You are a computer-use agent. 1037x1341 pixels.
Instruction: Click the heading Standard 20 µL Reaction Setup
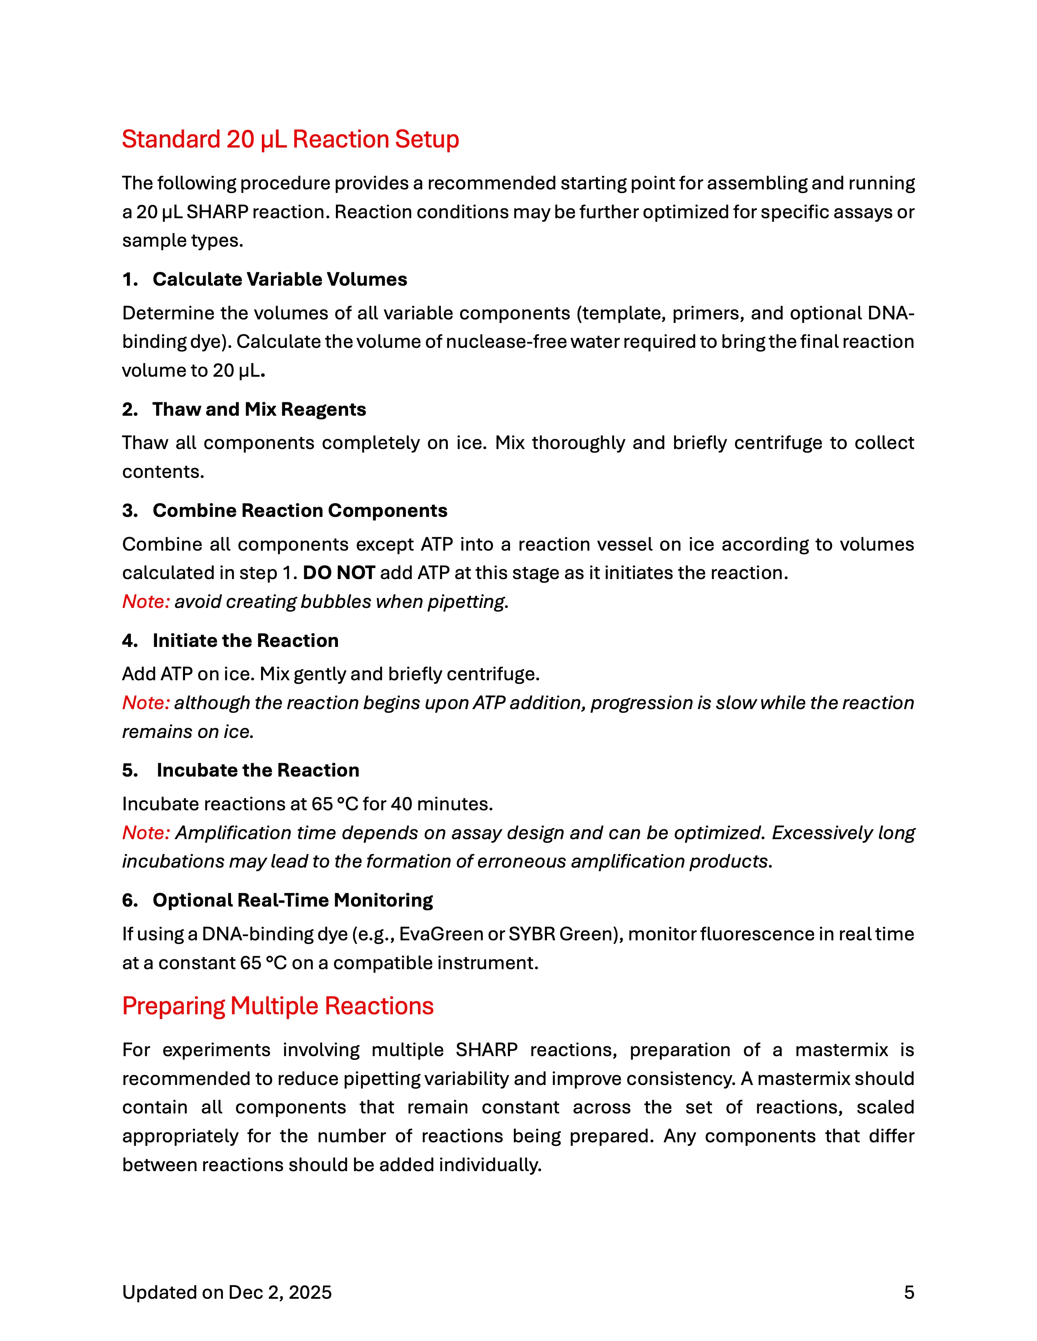pyautogui.click(x=290, y=139)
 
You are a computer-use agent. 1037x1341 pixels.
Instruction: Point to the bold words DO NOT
pyautogui.click(x=338, y=573)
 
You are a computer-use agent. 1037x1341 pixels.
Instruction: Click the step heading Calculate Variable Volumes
pyautogui.click(x=279, y=280)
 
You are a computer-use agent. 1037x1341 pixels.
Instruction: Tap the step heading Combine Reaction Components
pyautogui.click(x=300, y=511)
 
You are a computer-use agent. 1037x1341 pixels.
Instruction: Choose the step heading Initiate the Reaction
pyautogui.click(x=245, y=641)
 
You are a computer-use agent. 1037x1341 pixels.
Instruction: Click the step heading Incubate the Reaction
pyautogui.click(x=257, y=770)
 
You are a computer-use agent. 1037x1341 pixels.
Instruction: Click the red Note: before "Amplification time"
pyautogui.click(x=146, y=833)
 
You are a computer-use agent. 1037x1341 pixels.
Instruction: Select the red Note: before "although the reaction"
pyautogui.click(x=146, y=703)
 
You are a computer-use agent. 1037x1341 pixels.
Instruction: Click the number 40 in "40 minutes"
pyautogui.click(x=402, y=804)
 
